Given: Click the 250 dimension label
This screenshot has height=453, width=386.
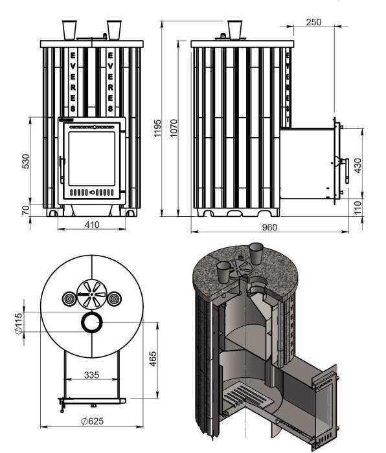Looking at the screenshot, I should coord(313,22).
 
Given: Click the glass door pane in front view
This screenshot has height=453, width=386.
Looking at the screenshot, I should coord(91,157).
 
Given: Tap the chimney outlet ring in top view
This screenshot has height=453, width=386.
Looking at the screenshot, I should coord(91,322).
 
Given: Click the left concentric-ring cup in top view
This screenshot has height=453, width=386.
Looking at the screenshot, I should coord(68,298).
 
